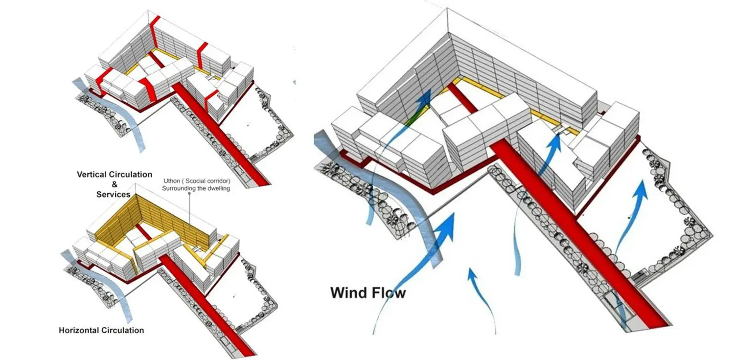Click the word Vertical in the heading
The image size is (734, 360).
pos(92,174)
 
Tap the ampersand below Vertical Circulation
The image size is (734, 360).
pos(115,184)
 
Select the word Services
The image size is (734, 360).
pos(114,195)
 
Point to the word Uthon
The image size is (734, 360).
pos(172,181)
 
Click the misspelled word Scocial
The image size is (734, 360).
pos(196,181)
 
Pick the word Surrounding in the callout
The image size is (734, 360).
pos(178,188)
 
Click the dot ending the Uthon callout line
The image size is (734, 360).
pos(189,194)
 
